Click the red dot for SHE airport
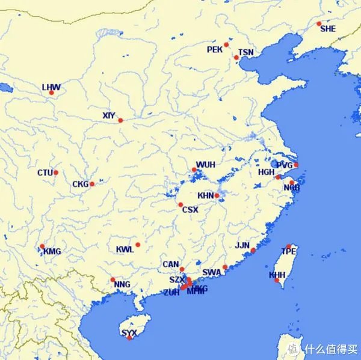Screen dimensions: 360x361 319,24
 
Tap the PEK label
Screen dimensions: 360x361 214,49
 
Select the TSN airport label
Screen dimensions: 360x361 246,52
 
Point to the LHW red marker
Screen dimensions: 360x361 51,93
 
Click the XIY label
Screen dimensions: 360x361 108,115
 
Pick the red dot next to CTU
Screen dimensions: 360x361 56,172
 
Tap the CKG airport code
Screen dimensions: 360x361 80,184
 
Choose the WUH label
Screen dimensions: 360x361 205,165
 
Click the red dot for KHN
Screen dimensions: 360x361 217,196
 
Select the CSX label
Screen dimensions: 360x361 190,210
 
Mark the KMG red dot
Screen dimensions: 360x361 42,246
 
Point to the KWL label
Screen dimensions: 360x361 125,249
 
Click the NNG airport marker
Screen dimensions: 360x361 113,279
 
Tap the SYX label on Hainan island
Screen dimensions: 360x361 129,332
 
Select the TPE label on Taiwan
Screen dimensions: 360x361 289,252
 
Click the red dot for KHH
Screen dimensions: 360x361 277,280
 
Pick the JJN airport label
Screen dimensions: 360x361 242,245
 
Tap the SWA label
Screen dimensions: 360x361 212,272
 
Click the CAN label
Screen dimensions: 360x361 171,264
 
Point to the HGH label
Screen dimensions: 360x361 266,172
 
